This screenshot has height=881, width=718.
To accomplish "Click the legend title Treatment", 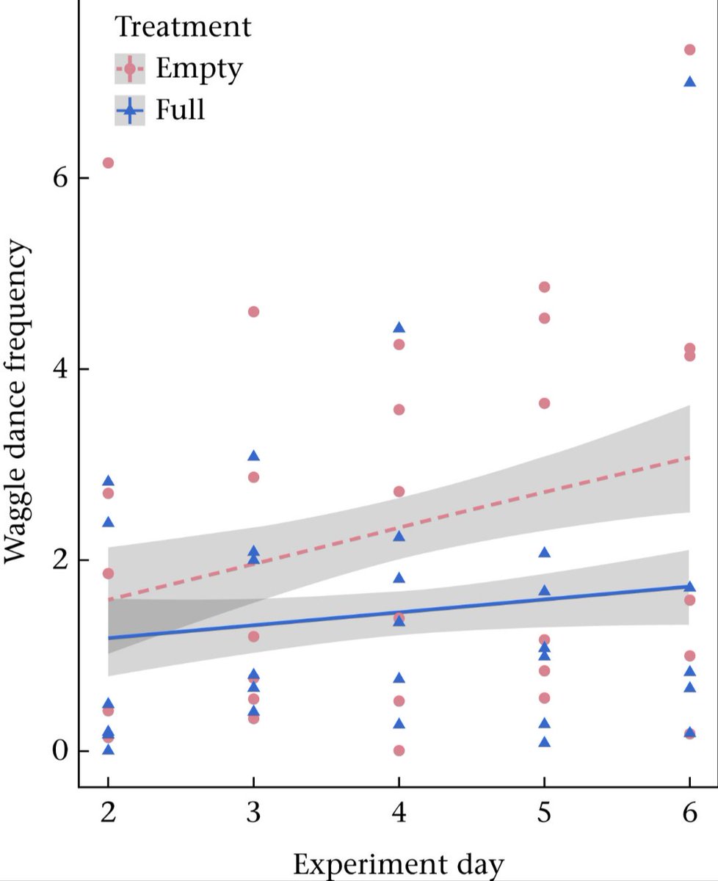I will (x=183, y=28).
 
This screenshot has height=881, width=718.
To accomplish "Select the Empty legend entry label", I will (x=198, y=70).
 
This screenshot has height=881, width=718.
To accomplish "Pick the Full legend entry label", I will (x=180, y=111).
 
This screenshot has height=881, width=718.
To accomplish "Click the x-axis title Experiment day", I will (x=399, y=865).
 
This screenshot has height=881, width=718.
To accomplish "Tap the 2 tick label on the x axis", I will (x=108, y=815).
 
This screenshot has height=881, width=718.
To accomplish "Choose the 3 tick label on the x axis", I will (x=253, y=815).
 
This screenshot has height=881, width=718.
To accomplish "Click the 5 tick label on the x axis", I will (x=544, y=815).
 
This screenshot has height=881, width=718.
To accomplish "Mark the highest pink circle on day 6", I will (x=689, y=50).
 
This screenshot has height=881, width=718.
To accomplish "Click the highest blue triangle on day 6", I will (x=689, y=81).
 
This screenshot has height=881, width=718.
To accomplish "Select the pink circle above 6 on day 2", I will (x=108, y=163).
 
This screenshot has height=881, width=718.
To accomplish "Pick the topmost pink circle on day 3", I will (x=253, y=312).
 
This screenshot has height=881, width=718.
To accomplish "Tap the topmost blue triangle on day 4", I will (x=399, y=327).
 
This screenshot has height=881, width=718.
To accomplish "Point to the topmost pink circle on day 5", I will (x=544, y=287).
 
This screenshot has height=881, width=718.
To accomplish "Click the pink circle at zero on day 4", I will (x=399, y=750).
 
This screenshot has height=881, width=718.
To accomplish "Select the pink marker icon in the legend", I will (x=130, y=70).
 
